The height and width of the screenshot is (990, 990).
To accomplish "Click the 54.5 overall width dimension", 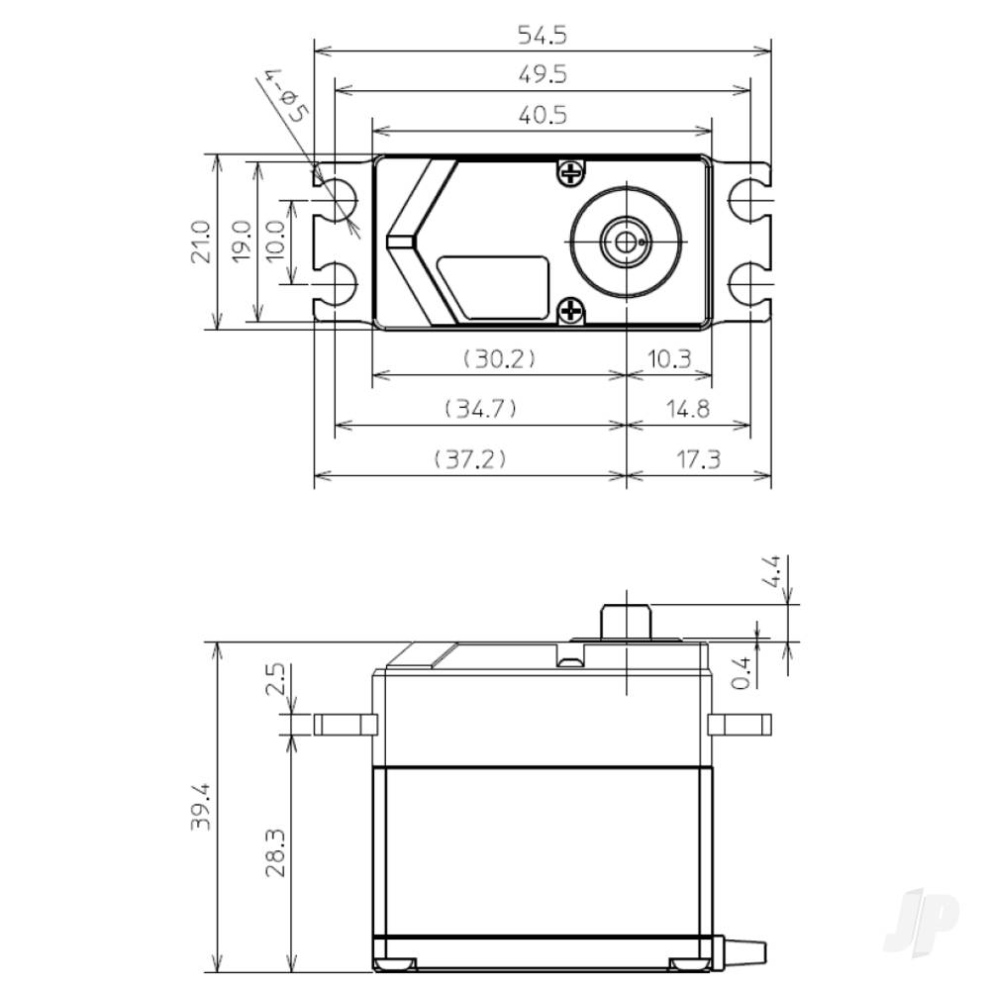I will coord(542,36).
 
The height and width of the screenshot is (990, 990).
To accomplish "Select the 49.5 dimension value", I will coord(542,76).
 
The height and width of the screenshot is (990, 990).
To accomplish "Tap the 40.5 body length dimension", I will coord(542,116).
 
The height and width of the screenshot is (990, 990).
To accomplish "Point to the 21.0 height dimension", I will coord(201,242).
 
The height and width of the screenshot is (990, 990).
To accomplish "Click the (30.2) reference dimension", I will coord(500,359).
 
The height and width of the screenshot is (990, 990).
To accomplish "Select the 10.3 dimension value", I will coord(669,359).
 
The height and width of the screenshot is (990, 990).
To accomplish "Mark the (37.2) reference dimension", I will coord(470,459).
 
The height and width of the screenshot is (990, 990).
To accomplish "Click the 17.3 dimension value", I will coord(700,459).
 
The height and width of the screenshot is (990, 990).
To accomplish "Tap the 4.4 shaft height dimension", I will coord(774,573).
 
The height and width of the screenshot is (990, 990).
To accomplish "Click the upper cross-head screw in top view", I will coord(569,174).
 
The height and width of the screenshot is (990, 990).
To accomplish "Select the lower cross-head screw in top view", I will coord(569,312).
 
